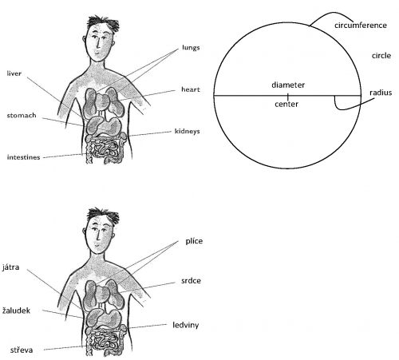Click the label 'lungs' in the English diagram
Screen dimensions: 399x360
click(191, 48)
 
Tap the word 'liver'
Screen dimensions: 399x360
click(14, 73)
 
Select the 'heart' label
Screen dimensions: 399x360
click(191, 89)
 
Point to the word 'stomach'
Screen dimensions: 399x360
click(22, 115)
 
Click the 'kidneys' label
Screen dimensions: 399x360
click(187, 132)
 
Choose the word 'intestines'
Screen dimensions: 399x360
click(23, 157)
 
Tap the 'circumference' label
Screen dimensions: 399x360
click(361, 26)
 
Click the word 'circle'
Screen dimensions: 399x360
click(381, 56)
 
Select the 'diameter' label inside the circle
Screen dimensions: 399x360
click(288, 85)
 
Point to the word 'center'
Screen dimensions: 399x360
click(286, 104)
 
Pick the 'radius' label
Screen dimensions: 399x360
click(381, 93)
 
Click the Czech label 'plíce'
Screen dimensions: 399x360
click(194, 241)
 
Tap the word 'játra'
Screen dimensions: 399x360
click(11, 267)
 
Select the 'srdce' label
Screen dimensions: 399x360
click(191, 281)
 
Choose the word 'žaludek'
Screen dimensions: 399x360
click(16, 311)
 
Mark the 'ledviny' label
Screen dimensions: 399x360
click(186, 325)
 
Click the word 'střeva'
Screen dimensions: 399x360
click(22, 350)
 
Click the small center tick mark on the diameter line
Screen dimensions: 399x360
click(288, 97)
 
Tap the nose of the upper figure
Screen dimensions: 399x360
click(98, 44)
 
